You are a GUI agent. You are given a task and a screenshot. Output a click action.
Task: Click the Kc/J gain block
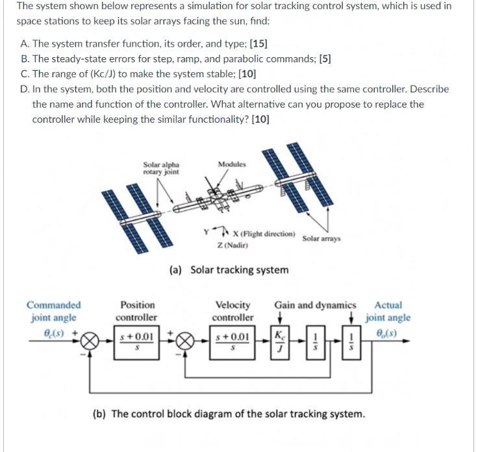[279, 340]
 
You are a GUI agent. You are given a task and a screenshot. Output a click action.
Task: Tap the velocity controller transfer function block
[233, 340]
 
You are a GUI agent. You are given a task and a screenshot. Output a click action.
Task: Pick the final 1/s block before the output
[351, 340]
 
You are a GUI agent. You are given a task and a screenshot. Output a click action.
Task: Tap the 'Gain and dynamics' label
[315, 305]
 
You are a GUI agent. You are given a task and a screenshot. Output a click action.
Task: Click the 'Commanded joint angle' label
[54, 311]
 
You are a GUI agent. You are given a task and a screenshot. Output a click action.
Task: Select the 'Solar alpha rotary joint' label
[161, 168]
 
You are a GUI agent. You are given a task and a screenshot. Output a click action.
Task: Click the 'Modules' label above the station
[232, 164]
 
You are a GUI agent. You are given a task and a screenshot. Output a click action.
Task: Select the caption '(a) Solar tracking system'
[229, 270]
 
